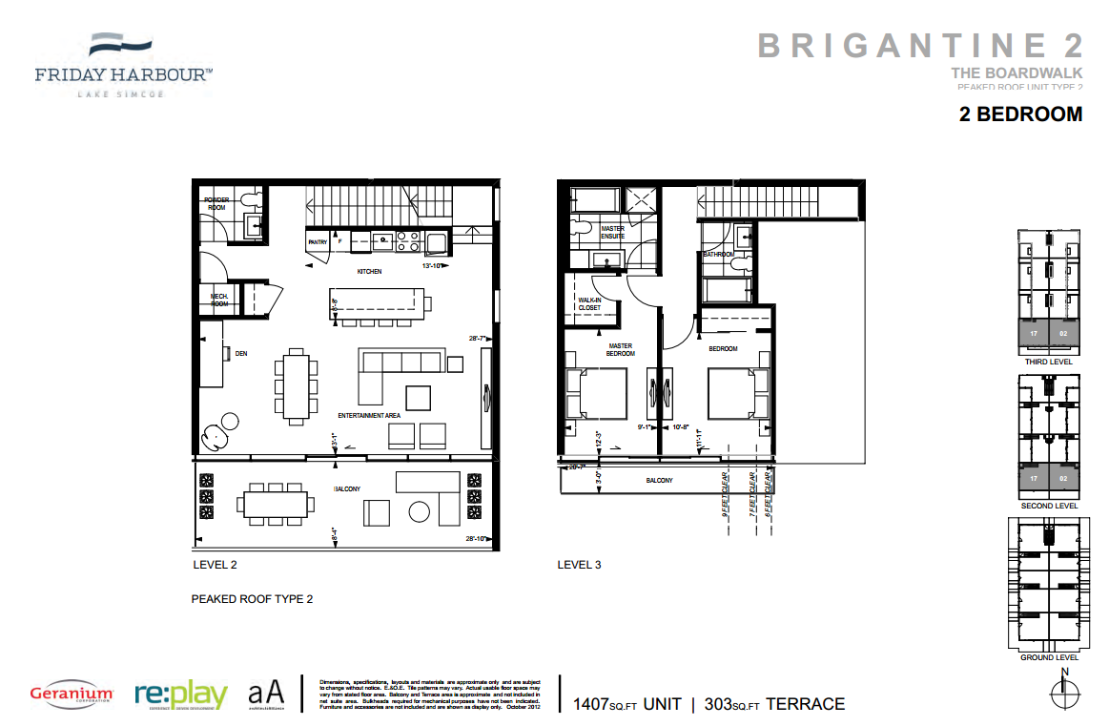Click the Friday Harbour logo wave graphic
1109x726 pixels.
(121, 45)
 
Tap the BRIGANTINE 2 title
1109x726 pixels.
(920, 45)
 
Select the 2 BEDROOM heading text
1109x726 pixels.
(1020, 114)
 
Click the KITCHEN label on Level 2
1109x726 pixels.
(369, 272)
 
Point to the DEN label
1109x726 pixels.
(241, 353)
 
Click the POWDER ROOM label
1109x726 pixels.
(216, 203)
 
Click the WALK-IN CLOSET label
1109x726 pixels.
(590, 304)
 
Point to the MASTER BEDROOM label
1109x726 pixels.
(621, 349)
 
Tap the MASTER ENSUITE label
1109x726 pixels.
(613, 232)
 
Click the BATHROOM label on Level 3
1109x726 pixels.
(718, 255)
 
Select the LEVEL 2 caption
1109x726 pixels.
(215, 565)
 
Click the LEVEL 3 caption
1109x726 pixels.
(579, 565)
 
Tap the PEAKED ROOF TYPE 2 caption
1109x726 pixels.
(252, 599)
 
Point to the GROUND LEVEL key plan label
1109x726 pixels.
(1049, 657)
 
